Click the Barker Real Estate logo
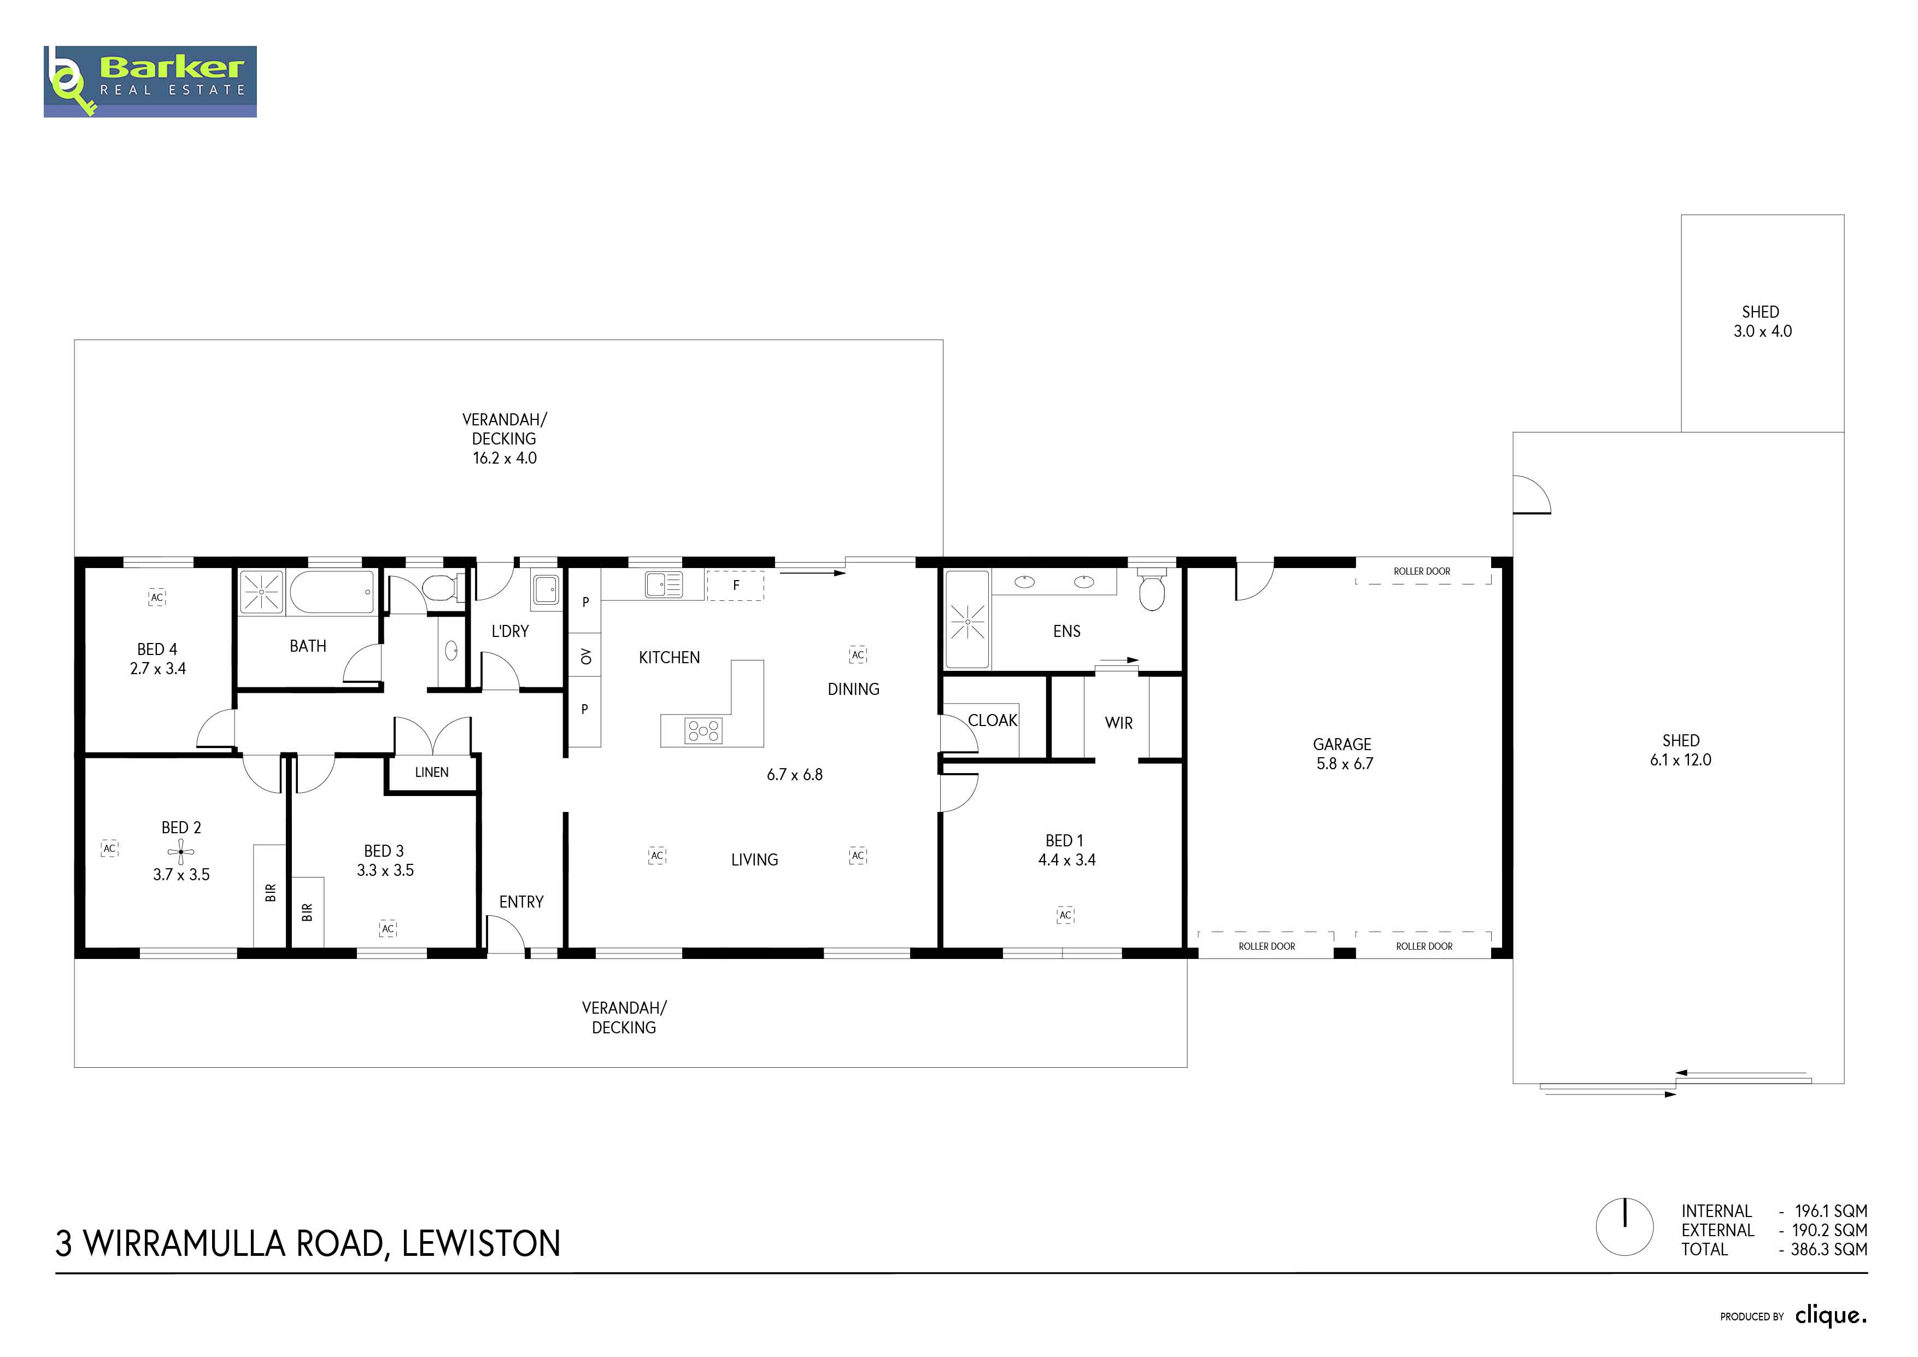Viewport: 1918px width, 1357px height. point(150,81)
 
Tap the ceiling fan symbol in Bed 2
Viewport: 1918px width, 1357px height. point(180,852)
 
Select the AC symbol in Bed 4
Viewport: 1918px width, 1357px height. point(157,598)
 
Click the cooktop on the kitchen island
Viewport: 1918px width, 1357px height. point(703,731)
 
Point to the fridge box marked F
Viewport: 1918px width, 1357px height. point(735,585)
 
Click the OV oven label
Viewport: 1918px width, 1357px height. point(585,657)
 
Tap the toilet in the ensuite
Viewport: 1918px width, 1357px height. point(1152,589)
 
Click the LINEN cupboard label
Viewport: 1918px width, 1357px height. point(432,772)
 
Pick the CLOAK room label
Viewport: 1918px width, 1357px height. point(993,720)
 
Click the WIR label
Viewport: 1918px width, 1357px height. point(1118,723)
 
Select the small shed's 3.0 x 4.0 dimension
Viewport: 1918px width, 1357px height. point(1763,331)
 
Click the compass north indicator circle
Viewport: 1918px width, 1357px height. point(1625,1227)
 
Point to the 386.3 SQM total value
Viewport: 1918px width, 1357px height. point(1829,1249)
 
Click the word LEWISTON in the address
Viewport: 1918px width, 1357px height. point(481,1243)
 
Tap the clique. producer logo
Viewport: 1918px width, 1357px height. point(1831,1315)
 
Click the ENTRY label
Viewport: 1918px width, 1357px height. point(521,902)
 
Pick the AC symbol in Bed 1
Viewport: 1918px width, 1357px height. point(1065,915)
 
